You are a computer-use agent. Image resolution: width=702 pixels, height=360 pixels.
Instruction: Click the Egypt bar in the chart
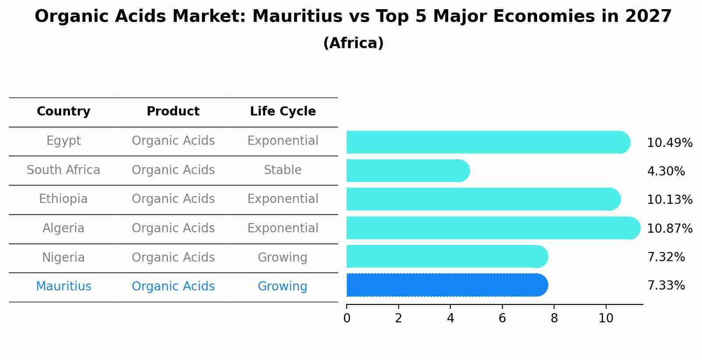486,142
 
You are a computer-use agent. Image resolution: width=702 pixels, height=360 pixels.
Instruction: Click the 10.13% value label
669,200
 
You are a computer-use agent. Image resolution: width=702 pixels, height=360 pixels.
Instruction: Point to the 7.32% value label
666,257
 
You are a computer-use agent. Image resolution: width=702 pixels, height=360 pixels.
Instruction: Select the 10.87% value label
669,229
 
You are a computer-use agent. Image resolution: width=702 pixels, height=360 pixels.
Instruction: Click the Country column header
63,112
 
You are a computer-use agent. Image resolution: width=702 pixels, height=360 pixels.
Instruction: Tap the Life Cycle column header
283,112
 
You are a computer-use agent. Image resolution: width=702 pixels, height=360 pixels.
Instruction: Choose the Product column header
173,112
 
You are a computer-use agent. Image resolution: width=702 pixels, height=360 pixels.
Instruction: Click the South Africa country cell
63,170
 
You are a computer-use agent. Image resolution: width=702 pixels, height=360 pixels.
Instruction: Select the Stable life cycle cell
283,170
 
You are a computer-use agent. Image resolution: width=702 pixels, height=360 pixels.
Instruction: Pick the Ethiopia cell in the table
63,199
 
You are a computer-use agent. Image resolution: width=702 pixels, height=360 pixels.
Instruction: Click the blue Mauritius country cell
63,287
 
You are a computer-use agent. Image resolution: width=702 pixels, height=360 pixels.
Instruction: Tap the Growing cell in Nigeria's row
283,258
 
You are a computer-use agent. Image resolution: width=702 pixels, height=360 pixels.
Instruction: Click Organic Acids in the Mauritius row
173,287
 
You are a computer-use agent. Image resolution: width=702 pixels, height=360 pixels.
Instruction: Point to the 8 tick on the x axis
554,318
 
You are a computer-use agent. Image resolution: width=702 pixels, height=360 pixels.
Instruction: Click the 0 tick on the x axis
347,318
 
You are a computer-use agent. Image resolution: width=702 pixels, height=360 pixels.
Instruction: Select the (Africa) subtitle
353,43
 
